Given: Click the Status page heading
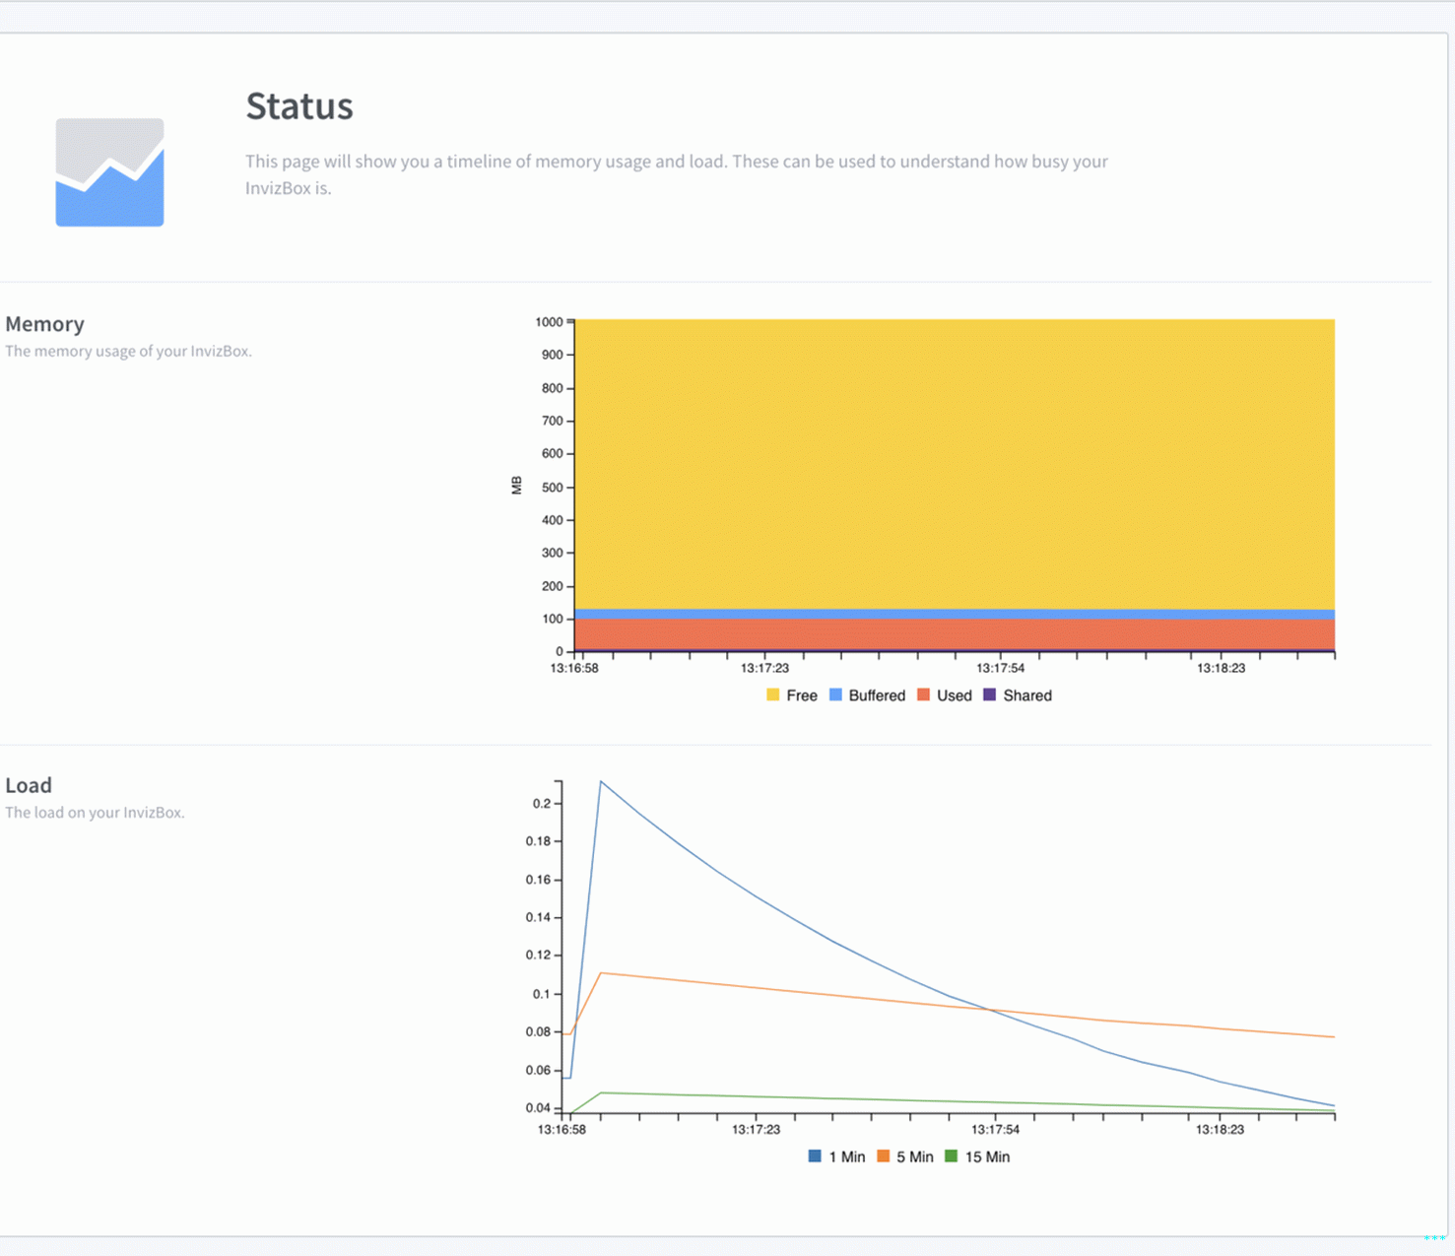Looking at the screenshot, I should pos(298,106).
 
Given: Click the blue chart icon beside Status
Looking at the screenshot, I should pos(109,172).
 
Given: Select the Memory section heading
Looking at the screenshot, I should pos(44,324).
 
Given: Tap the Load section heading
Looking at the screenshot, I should pos(29,785).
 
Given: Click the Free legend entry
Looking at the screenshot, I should pos(792,695).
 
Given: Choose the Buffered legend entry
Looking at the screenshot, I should pos(867,695).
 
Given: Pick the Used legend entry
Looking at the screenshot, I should pos(945,695).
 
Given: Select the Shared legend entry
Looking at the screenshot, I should pos(1018,695).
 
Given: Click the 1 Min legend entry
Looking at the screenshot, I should pos(836,1157).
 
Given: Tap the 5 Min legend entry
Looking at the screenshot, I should pos(905,1157).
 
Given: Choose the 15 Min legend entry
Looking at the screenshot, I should pos(977,1157).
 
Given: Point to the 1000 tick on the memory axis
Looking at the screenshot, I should pos(549,322).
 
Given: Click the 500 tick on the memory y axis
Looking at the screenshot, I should pos(552,488).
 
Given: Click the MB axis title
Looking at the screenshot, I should pos(516,485).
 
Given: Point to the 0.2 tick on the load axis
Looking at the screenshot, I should pos(542,804).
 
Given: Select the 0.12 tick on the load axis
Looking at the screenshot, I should pos(538,956).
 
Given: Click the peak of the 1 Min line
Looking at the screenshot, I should pos(601,782).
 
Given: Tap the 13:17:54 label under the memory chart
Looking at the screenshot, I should pos(1000,668).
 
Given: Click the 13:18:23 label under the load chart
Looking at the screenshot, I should pos(1220,1130).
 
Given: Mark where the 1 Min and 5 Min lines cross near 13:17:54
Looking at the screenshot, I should pos(988,1009).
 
